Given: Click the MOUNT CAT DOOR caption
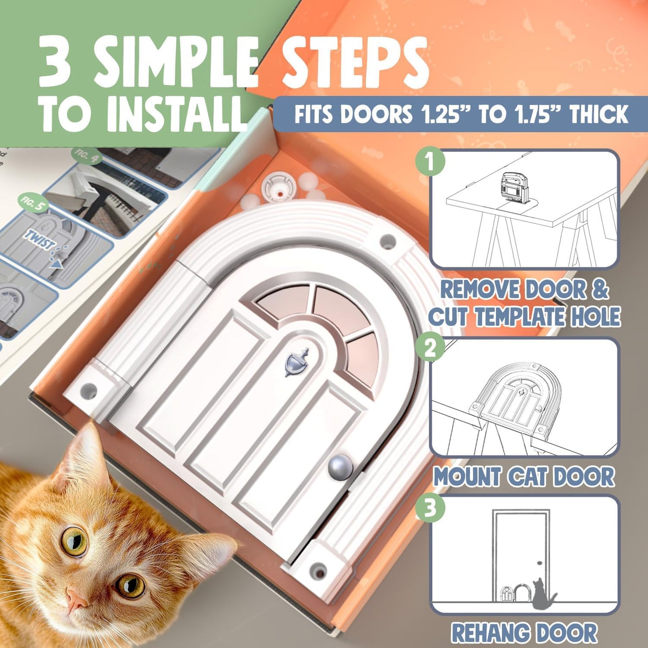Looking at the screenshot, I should (x=524, y=476).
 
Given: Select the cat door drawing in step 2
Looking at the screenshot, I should (x=516, y=395).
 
